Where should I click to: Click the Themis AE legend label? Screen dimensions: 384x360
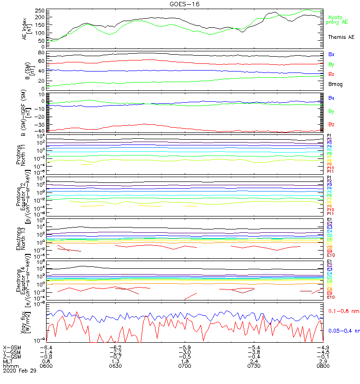341,37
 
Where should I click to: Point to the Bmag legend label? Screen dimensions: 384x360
335,84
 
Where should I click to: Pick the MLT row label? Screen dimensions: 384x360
8,361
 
